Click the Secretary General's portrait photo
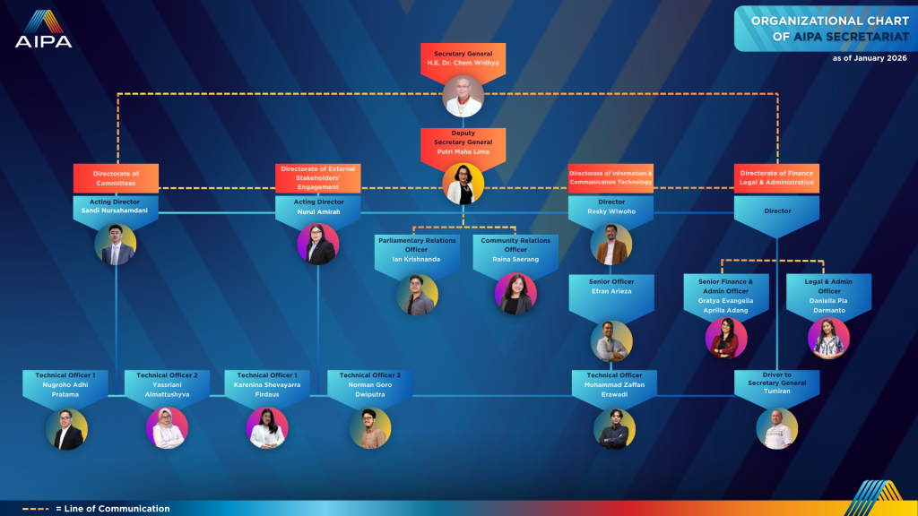pyautogui.click(x=463, y=96)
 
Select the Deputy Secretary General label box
pyautogui.click(x=463, y=143)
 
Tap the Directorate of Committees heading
pyautogui.click(x=116, y=178)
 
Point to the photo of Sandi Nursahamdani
pyautogui.click(x=116, y=244)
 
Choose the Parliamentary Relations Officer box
pyautogui.click(x=417, y=250)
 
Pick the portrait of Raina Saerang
pyautogui.click(x=515, y=294)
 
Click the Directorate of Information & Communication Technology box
pyautogui.click(x=611, y=177)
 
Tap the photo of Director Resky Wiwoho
pyautogui.click(x=611, y=244)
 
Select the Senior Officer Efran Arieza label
pyautogui.click(x=611, y=287)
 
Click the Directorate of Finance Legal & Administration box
pyautogui.click(x=776, y=177)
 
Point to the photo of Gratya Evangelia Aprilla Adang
pyautogui.click(x=726, y=338)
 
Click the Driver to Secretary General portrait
pyautogui.click(x=776, y=428)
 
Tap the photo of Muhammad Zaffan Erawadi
pyautogui.click(x=614, y=428)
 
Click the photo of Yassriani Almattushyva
pyautogui.click(x=168, y=428)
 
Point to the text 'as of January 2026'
pyautogui.click(x=870, y=58)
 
